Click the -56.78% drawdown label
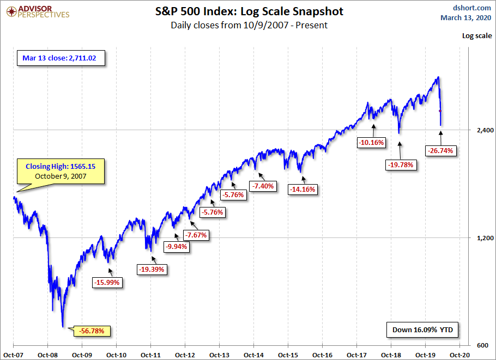[x=95, y=331]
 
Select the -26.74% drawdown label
[x=440, y=150]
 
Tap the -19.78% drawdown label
[x=402, y=164]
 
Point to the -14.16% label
[x=303, y=190]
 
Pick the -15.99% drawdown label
[x=107, y=283]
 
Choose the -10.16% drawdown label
[x=371, y=143]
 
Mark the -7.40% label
[x=263, y=186]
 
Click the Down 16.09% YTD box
[x=423, y=330]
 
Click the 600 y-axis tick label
[x=477, y=346]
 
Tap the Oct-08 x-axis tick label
[x=47, y=354]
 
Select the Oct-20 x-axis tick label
[x=459, y=354]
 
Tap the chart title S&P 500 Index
[x=249, y=11]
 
